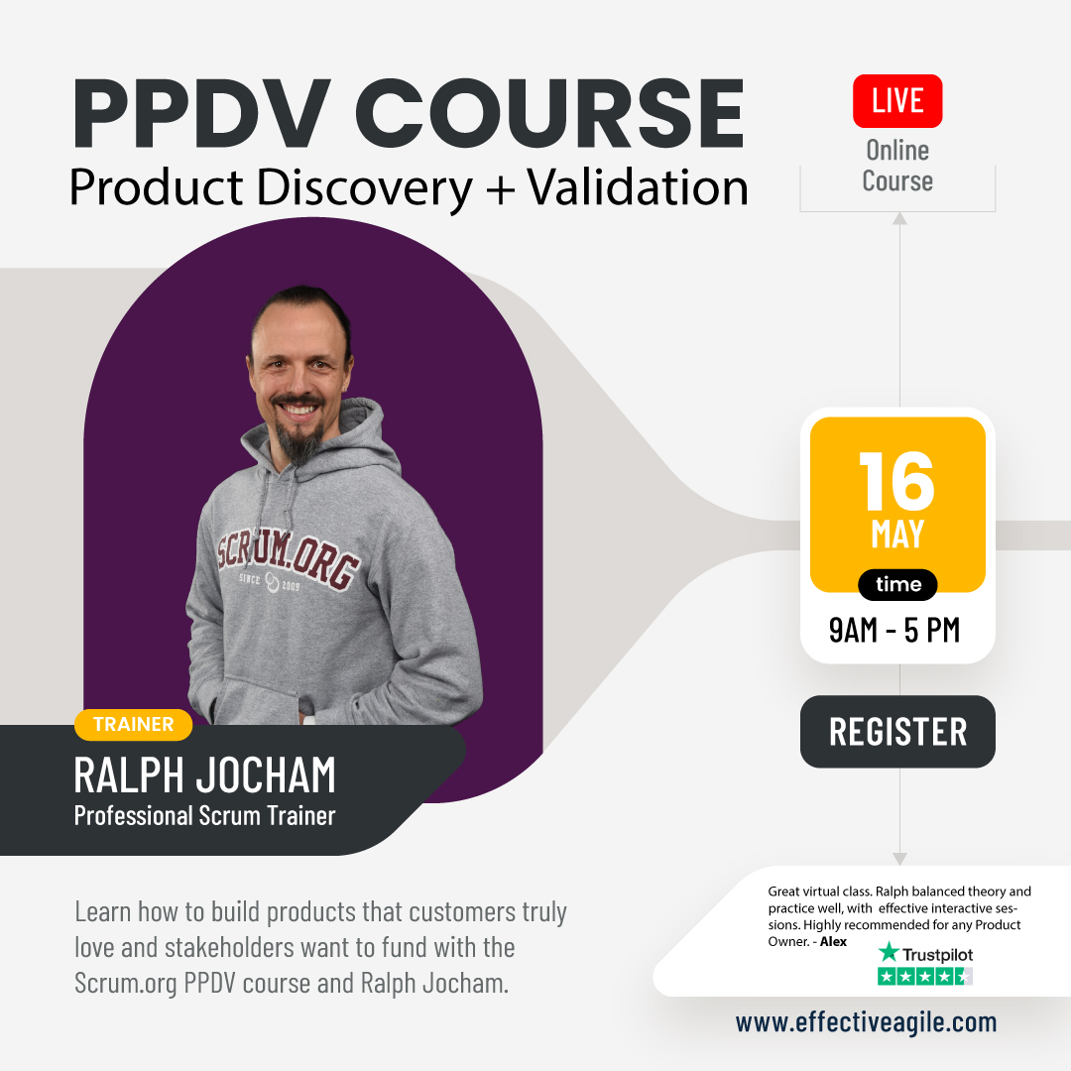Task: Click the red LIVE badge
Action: pyautogui.click(x=897, y=101)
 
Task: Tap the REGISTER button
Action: pyautogui.click(x=897, y=732)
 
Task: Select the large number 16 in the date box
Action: pyautogui.click(x=896, y=482)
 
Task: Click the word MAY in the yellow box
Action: pyautogui.click(x=897, y=535)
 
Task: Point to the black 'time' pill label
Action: pyautogui.click(x=897, y=585)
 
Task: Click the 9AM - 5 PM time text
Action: pyautogui.click(x=894, y=630)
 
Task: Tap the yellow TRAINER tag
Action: pyautogui.click(x=133, y=724)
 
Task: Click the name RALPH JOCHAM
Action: pyautogui.click(x=204, y=775)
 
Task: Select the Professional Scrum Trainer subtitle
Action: pyautogui.click(x=204, y=816)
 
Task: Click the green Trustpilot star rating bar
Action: pyautogui.click(x=924, y=977)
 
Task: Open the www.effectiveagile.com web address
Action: pyautogui.click(x=866, y=1022)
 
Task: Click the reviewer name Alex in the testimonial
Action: pyautogui.click(x=833, y=942)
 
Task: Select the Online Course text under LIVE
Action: pyautogui.click(x=897, y=166)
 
